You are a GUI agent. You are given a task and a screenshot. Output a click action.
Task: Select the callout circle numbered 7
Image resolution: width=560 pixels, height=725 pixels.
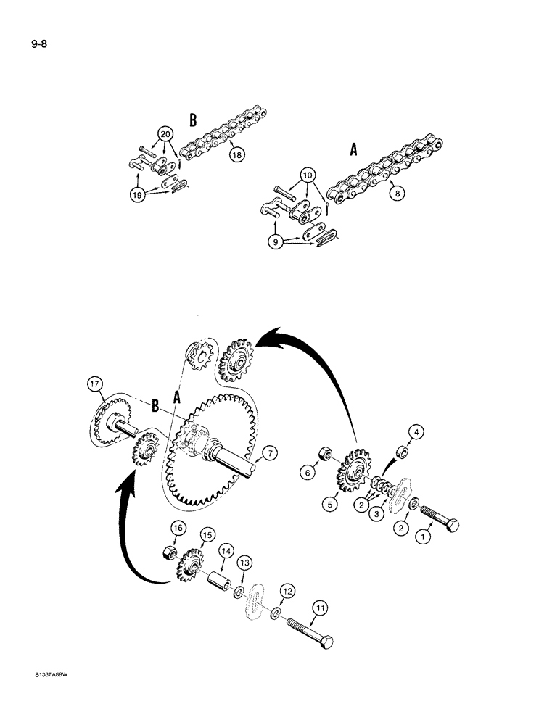pyautogui.click(x=269, y=454)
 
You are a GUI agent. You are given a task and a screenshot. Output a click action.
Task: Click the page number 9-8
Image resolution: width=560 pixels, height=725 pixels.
pyautogui.click(x=19, y=43)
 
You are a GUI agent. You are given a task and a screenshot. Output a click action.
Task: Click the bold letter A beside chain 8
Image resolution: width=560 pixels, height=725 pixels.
pyautogui.click(x=353, y=150)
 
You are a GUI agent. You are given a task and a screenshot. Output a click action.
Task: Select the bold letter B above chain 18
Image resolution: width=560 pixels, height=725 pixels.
pyautogui.click(x=193, y=120)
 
